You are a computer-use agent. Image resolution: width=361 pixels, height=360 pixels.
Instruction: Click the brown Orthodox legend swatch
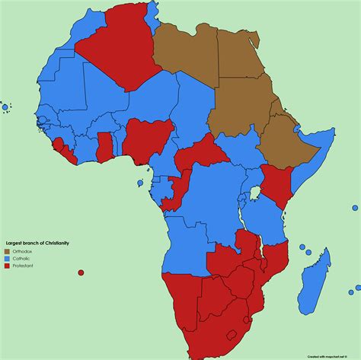tap(8, 251)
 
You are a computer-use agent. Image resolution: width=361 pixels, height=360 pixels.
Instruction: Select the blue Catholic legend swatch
tap(8, 259)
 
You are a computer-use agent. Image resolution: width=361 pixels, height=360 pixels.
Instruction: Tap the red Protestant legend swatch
tap(8, 266)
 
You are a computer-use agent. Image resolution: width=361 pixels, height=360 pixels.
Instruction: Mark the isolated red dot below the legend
tap(81, 272)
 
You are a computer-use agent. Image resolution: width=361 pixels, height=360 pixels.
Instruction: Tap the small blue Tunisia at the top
tap(155, 13)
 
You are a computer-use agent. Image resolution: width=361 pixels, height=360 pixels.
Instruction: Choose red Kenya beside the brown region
tap(276, 183)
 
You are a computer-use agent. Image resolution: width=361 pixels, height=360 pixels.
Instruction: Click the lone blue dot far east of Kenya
tap(355, 208)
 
